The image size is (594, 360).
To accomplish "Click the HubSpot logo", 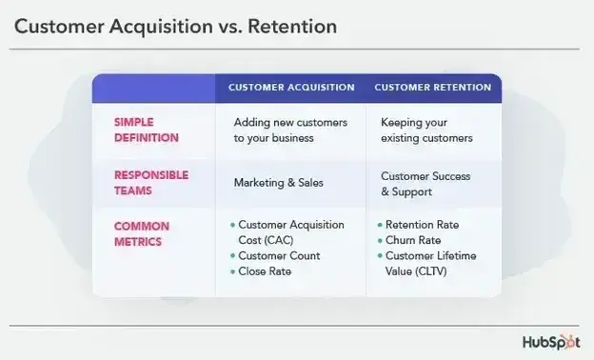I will (x=550, y=342).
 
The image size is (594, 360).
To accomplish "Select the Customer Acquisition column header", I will (x=291, y=88).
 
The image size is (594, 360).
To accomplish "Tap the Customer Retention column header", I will (x=433, y=88).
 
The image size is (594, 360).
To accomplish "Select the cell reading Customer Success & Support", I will (x=426, y=184).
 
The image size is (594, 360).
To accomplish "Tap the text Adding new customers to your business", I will (x=290, y=130).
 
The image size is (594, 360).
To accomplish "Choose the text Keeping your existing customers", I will (x=426, y=130).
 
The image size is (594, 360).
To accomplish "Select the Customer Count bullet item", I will (x=279, y=255).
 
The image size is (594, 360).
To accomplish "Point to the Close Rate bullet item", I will (x=265, y=271).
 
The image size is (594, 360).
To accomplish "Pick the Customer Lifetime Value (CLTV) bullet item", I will (x=430, y=264).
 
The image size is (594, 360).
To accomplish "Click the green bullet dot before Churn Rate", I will (x=379, y=240).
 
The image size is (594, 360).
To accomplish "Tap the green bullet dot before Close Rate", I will (x=232, y=271).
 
